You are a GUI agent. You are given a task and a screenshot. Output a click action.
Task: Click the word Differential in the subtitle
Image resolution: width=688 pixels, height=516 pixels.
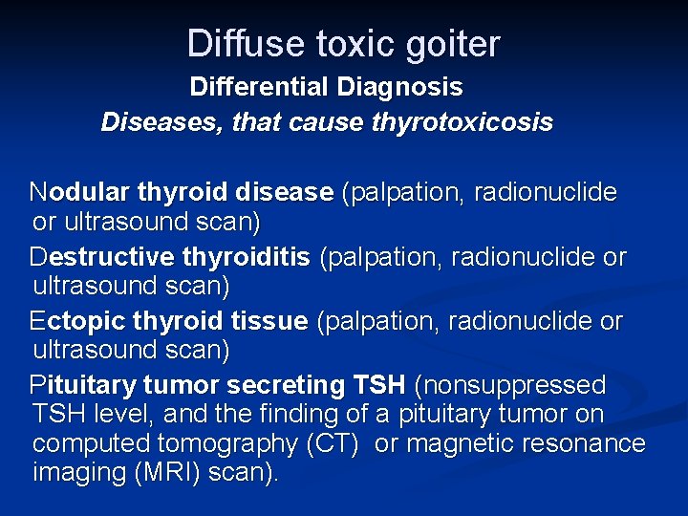pyautogui.click(x=259, y=88)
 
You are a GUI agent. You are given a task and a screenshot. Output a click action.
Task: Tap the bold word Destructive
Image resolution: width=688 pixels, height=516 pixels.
pyautogui.click(x=101, y=258)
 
